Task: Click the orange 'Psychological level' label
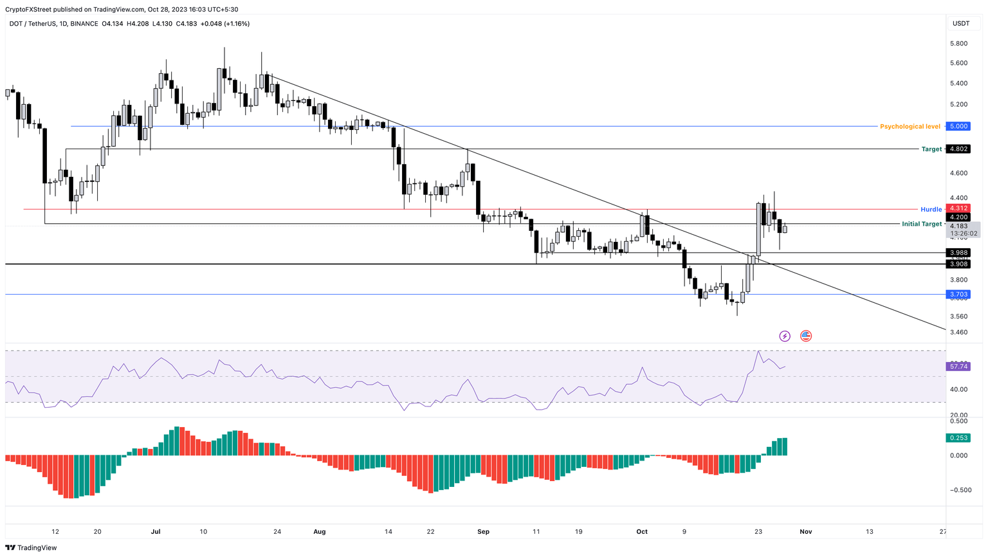click(910, 127)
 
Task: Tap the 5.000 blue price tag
click(958, 127)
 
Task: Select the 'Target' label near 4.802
click(931, 149)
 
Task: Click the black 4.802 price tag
click(958, 149)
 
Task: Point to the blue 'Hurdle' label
click(931, 210)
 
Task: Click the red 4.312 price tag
click(958, 208)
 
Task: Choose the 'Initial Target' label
click(921, 224)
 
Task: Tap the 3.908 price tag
click(958, 264)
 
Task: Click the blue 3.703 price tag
click(958, 295)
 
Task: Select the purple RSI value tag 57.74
click(958, 367)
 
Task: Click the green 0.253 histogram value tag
click(958, 438)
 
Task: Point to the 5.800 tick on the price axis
click(958, 44)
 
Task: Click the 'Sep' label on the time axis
click(484, 532)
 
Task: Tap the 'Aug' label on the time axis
click(320, 532)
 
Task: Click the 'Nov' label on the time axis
click(805, 532)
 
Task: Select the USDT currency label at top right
click(960, 24)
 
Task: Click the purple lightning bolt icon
click(785, 336)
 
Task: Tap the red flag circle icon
click(806, 336)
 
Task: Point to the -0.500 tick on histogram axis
click(958, 490)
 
